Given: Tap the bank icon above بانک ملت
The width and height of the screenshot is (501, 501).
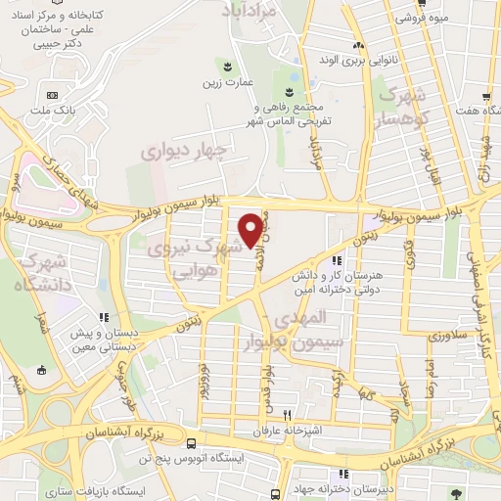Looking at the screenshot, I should (52, 95).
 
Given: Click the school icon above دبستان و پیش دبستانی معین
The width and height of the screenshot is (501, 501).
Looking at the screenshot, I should (104, 316).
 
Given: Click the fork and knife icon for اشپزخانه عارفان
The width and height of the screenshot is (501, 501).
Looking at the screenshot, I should (288, 414).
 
